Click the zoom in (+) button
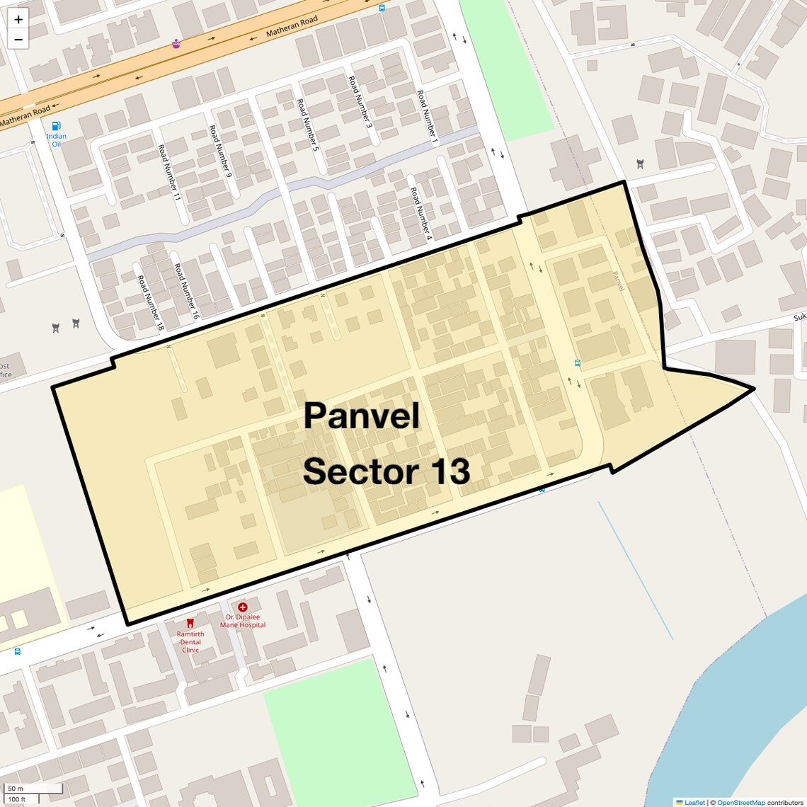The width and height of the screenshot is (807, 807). click(x=18, y=20)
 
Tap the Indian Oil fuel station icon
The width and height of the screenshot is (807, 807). click(x=56, y=126)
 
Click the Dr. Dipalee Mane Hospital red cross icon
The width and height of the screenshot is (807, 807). click(x=243, y=607)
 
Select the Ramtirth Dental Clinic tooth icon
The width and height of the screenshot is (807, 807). click(x=190, y=623)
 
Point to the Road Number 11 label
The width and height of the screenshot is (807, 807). click(x=170, y=173)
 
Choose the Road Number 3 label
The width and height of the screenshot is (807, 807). click(x=360, y=102)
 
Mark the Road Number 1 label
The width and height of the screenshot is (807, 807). click(x=428, y=118)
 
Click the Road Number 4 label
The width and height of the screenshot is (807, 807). click(x=420, y=214)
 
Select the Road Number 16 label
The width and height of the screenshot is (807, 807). click(x=185, y=292)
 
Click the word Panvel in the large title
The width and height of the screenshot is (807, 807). click(x=362, y=416)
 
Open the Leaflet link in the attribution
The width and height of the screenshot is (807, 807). click(x=694, y=802)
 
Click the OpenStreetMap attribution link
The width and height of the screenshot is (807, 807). click(x=740, y=802)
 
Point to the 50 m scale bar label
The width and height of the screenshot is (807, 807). click(x=16, y=789)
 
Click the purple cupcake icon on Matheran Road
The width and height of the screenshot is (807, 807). click(x=176, y=44)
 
